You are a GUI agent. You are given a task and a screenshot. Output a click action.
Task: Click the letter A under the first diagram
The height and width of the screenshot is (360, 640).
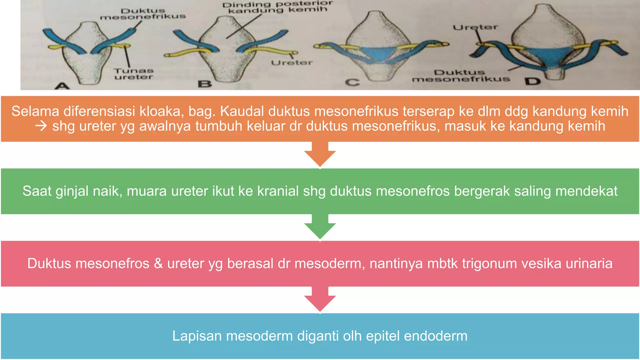pos(62,85)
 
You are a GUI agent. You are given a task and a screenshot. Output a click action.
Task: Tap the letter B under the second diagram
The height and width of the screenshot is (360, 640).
pos(205,84)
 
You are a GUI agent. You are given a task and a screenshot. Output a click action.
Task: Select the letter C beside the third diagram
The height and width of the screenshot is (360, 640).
pos(352,82)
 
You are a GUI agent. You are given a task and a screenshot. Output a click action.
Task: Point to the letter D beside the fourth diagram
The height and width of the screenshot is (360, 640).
pos(533,82)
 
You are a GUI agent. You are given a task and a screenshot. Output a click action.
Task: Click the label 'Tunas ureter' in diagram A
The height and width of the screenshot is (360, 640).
pos(133,74)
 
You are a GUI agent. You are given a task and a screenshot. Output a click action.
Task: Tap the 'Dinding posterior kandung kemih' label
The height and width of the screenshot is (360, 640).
pos(277,7)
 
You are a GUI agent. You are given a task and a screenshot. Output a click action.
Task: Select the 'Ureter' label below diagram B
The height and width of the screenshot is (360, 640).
pos(292,63)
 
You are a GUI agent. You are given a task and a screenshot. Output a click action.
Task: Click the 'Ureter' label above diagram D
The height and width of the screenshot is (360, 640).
pos(475,27)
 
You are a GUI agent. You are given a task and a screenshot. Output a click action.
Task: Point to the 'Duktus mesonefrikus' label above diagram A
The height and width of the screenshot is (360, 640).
pos(143,14)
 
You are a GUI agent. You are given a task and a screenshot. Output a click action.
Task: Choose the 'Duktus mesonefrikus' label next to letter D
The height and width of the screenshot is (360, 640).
pos(461,76)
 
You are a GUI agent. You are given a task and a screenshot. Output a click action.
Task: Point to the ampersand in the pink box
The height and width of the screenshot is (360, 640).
pos(158,263)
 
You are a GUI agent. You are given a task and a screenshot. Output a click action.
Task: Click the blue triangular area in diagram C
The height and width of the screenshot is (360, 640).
pos(377,53)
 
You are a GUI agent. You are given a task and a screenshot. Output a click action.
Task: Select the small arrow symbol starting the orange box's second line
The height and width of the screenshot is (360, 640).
pos(41,126)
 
